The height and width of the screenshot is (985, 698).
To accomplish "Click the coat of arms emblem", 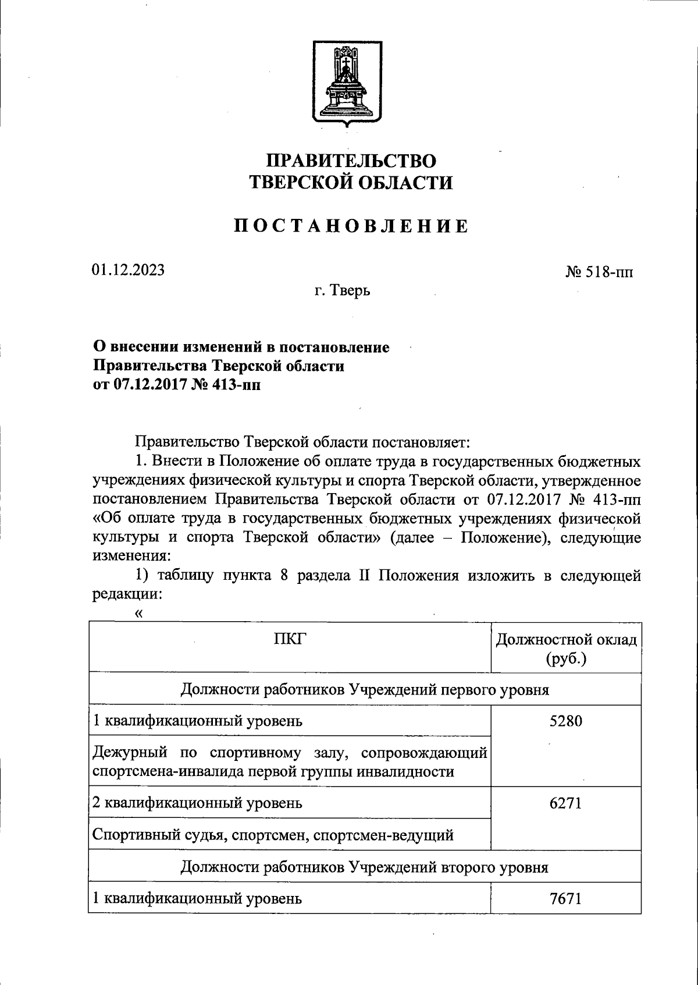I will [x=347, y=83].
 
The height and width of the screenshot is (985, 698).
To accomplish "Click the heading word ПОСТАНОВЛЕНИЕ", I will [x=351, y=226].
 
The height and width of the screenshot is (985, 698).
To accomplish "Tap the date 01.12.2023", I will [x=127, y=270].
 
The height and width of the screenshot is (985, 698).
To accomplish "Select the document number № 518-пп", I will [x=599, y=272].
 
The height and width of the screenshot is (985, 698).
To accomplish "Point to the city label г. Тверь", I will [x=343, y=290].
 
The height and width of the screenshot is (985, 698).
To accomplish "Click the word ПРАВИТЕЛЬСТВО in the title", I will [x=351, y=161].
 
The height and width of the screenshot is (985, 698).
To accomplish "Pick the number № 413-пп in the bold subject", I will [x=226, y=385].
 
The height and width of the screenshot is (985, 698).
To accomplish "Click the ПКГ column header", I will [x=289, y=640].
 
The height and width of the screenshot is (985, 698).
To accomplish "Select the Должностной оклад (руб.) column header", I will [x=566, y=649].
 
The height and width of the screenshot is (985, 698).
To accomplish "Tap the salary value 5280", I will [x=565, y=721].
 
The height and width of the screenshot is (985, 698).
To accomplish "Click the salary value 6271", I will [x=565, y=803].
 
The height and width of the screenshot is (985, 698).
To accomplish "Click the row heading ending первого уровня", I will [x=365, y=690].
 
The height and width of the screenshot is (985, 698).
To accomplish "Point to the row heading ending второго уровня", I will [x=365, y=867].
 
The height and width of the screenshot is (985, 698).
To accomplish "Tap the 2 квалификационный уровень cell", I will [x=197, y=803].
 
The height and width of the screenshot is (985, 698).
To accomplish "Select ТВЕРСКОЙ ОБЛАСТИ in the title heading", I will [x=351, y=183].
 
